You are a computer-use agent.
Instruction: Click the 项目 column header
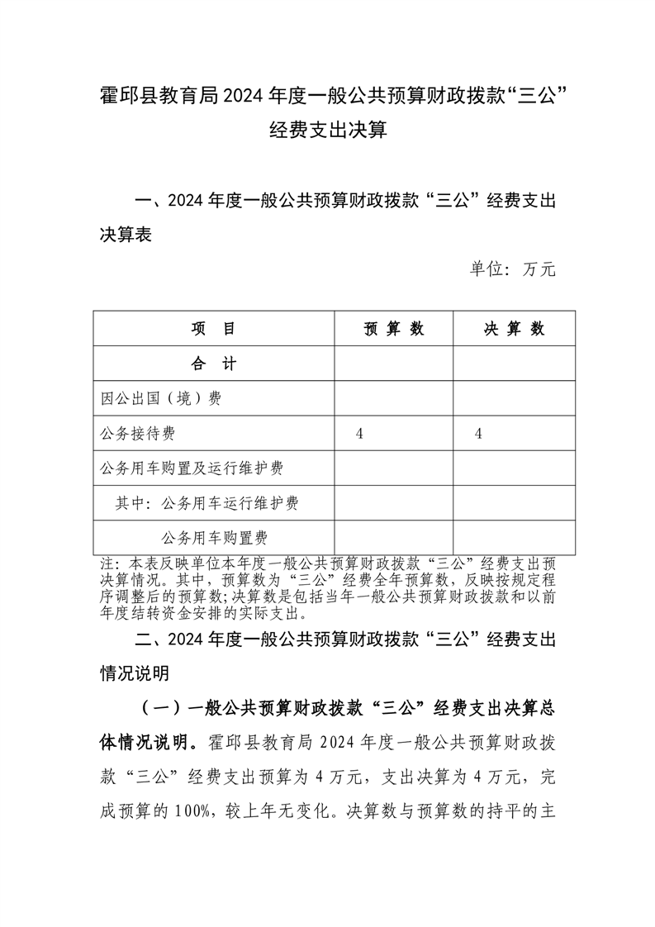[214, 329]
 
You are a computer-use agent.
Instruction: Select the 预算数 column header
[394, 329]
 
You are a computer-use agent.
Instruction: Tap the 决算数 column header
[514, 329]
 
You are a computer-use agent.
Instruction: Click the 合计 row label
[214, 364]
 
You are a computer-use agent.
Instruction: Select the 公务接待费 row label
[137, 434]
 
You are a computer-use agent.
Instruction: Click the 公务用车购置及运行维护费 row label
[191, 468]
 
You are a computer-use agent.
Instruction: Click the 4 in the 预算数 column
[359, 434]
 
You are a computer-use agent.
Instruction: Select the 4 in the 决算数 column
[478, 434]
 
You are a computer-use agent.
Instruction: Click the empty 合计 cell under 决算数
[514, 364]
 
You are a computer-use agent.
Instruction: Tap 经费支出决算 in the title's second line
[328, 130]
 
